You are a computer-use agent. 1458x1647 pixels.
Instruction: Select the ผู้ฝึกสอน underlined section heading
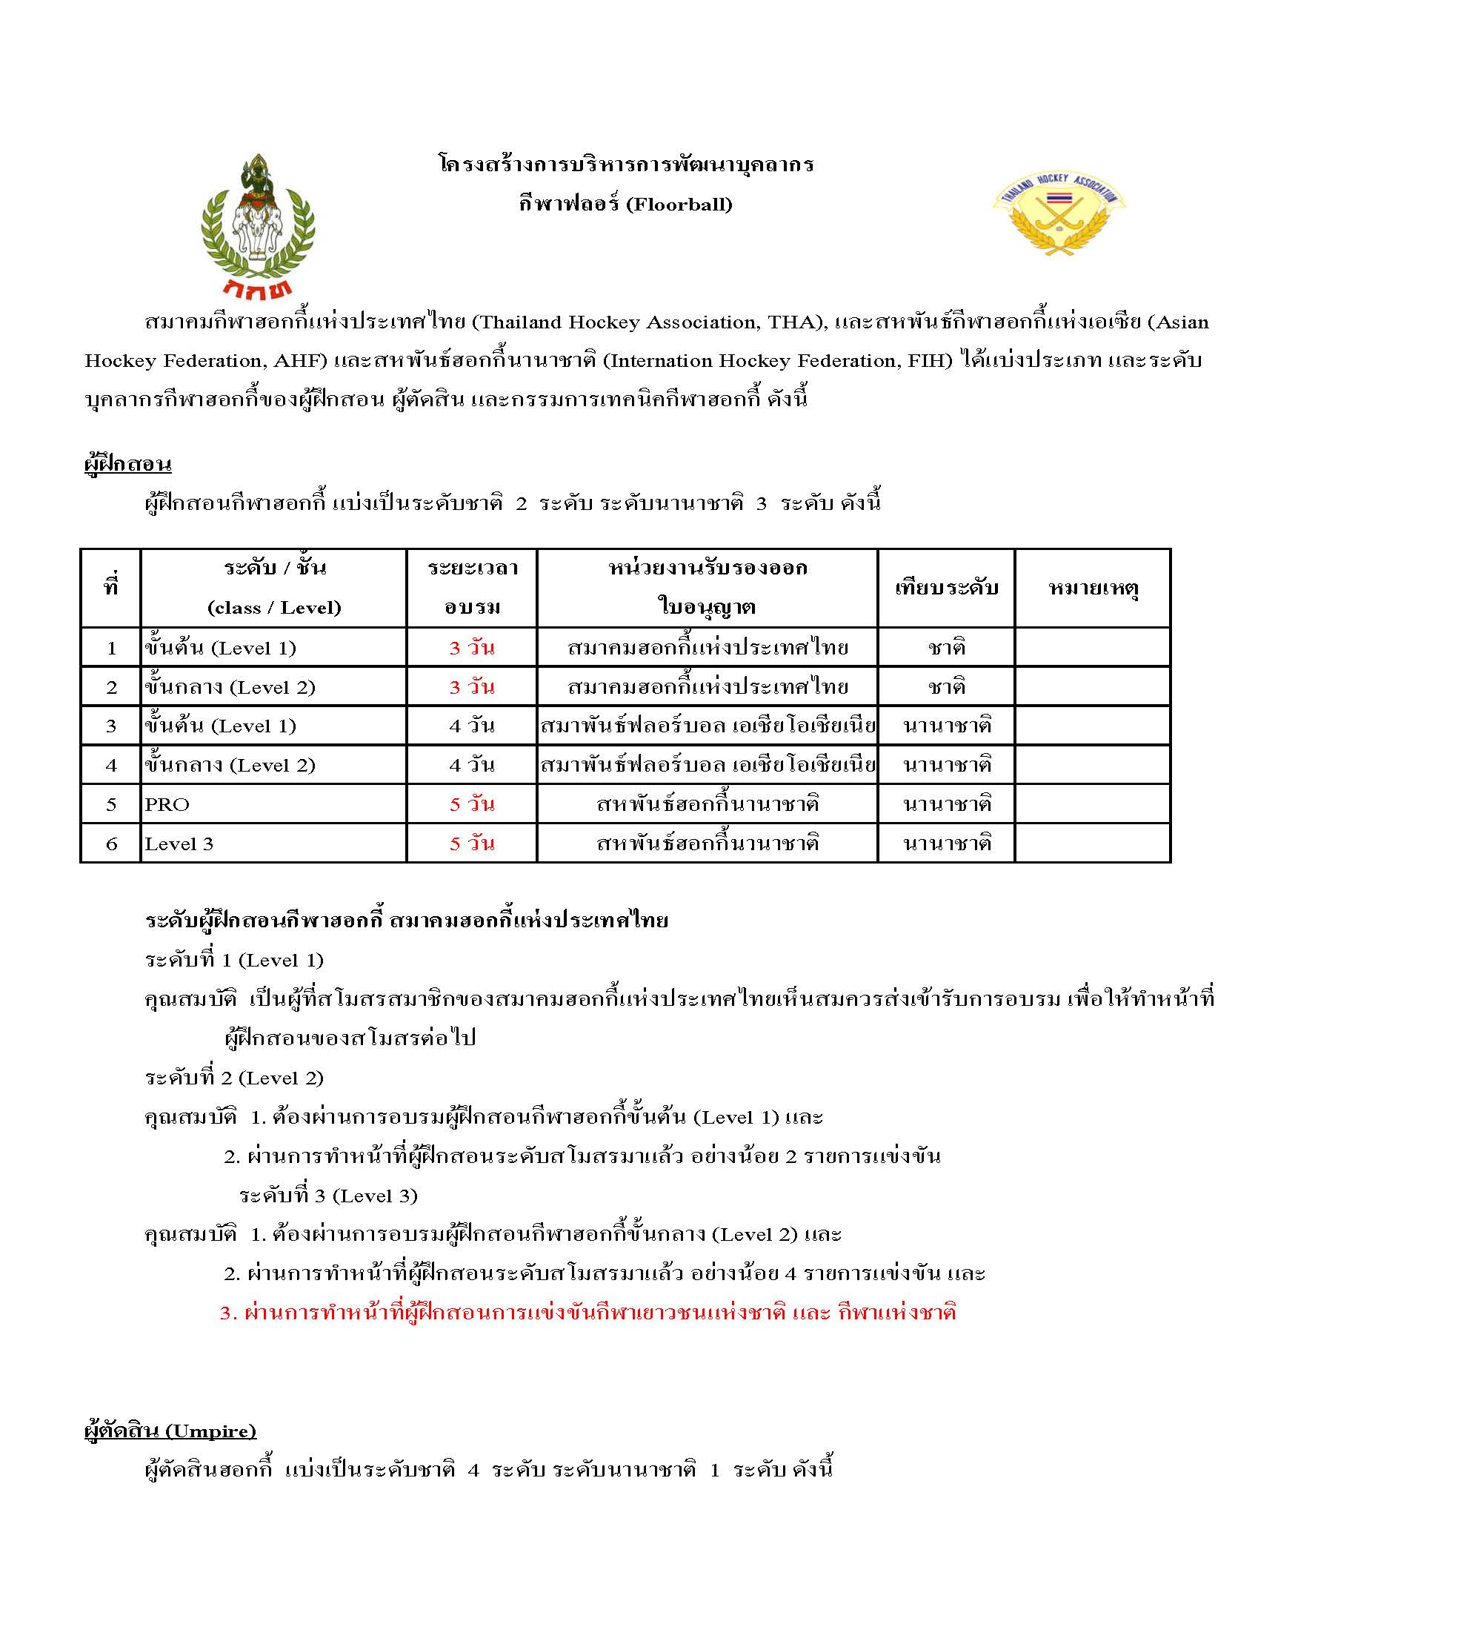coord(128,465)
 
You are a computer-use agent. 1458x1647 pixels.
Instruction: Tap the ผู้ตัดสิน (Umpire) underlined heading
coord(170,1431)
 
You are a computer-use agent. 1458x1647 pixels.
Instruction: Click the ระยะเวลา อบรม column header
coord(472,587)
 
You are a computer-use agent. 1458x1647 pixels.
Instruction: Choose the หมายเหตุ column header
coord(1092,587)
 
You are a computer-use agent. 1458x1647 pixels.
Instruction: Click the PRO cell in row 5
coord(167,805)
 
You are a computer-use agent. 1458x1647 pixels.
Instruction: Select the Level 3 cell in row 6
coord(179,844)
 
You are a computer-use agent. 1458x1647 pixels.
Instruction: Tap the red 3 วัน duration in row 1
coord(472,648)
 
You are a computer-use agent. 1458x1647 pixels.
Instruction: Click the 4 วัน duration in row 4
coord(472,766)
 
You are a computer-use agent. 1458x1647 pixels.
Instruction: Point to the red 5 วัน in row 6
coord(472,844)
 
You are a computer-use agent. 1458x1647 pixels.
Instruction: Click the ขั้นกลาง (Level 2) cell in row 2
coord(230,687)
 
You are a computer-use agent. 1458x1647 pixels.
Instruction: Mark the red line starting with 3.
coord(587,1313)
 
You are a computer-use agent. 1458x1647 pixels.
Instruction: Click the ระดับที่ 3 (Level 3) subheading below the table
coord(328,1196)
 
